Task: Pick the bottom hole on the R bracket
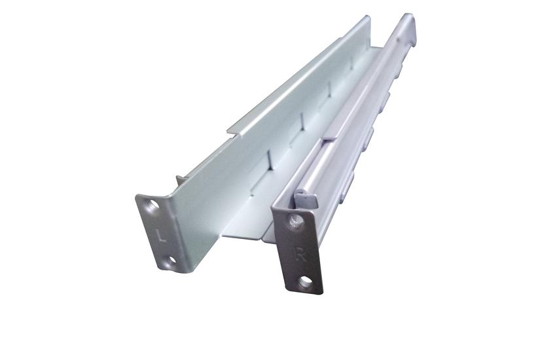pyautogui.click(x=306, y=282)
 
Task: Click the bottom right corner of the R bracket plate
pyautogui.click(x=322, y=293)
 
